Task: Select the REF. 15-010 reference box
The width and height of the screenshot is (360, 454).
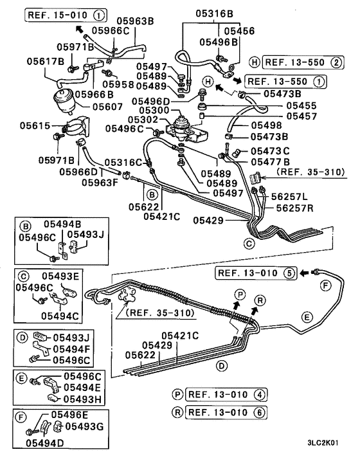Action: (67, 14)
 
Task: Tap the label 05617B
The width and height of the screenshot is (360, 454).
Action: (46, 61)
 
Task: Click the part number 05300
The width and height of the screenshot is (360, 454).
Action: (152, 111)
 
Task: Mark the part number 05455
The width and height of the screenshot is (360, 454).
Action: (301, 104)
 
